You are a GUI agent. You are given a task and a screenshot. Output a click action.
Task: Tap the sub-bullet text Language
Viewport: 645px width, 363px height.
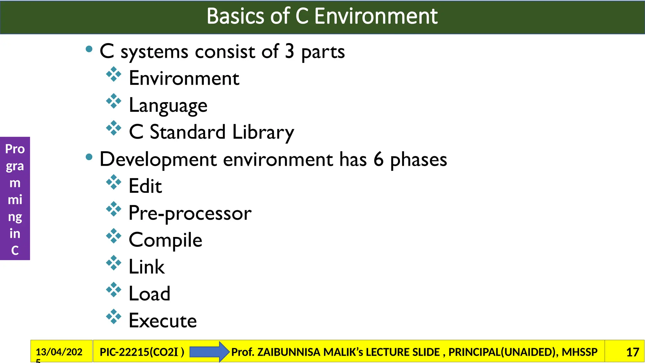point(168,105)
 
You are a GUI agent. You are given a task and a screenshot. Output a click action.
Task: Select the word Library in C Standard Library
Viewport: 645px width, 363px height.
point(263,132)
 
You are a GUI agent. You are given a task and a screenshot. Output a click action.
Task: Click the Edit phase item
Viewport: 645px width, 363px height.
point(145,186)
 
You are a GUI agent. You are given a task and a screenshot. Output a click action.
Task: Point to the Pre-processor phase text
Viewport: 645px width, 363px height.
point(190,213)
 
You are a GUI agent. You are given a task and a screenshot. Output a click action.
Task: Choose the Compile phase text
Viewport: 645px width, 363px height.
point(165,240)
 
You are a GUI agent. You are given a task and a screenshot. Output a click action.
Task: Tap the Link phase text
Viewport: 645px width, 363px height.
point(146,267)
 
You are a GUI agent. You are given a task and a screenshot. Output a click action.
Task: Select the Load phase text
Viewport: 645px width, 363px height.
point(149,294)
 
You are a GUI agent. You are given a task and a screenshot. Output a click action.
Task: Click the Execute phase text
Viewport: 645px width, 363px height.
point(163,321)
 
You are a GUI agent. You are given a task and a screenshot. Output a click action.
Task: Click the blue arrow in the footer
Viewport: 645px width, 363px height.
point(209,352)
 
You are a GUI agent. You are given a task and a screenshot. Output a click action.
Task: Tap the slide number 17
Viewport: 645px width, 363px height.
point(632,352)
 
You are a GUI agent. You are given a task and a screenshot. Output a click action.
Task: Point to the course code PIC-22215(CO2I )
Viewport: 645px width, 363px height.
point(142,352)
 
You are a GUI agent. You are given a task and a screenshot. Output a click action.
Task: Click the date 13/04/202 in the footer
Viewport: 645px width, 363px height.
point(59,352)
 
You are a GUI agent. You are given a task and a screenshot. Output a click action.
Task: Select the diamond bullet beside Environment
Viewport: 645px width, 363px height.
point(114,75)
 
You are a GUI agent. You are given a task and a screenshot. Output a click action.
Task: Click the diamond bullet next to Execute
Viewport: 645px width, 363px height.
point(114,317)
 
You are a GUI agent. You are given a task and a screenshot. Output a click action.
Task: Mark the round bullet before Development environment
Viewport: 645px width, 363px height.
point(89,157)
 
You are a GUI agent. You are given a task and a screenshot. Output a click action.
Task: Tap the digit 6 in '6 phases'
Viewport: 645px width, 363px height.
point(378,159)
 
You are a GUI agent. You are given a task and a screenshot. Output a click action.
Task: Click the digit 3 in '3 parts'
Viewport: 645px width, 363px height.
point(289,51)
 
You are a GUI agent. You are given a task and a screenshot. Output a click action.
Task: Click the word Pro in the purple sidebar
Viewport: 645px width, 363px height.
point(15,149)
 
